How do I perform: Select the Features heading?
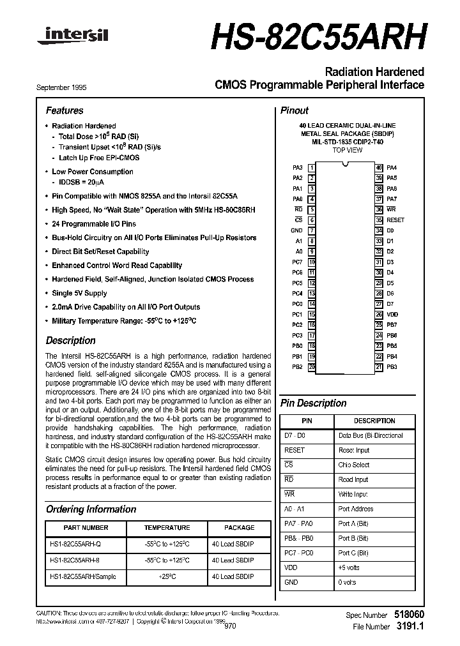coord(65,110)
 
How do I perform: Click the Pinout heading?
coord(294,110)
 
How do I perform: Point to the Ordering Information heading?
coord(91,509)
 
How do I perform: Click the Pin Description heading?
coord(313,403)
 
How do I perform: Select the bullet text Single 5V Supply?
coord(79,293)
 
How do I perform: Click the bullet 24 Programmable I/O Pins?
coord(93,224)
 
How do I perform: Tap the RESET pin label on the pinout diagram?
coord(395,220)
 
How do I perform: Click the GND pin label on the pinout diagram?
coord(296,230)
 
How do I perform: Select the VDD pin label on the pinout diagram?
coord(392,314)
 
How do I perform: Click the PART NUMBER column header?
coord(86,528)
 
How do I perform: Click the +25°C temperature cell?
coord(167,576)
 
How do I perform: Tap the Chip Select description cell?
coord(354,465)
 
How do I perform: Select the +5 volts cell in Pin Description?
coord(349,567)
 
